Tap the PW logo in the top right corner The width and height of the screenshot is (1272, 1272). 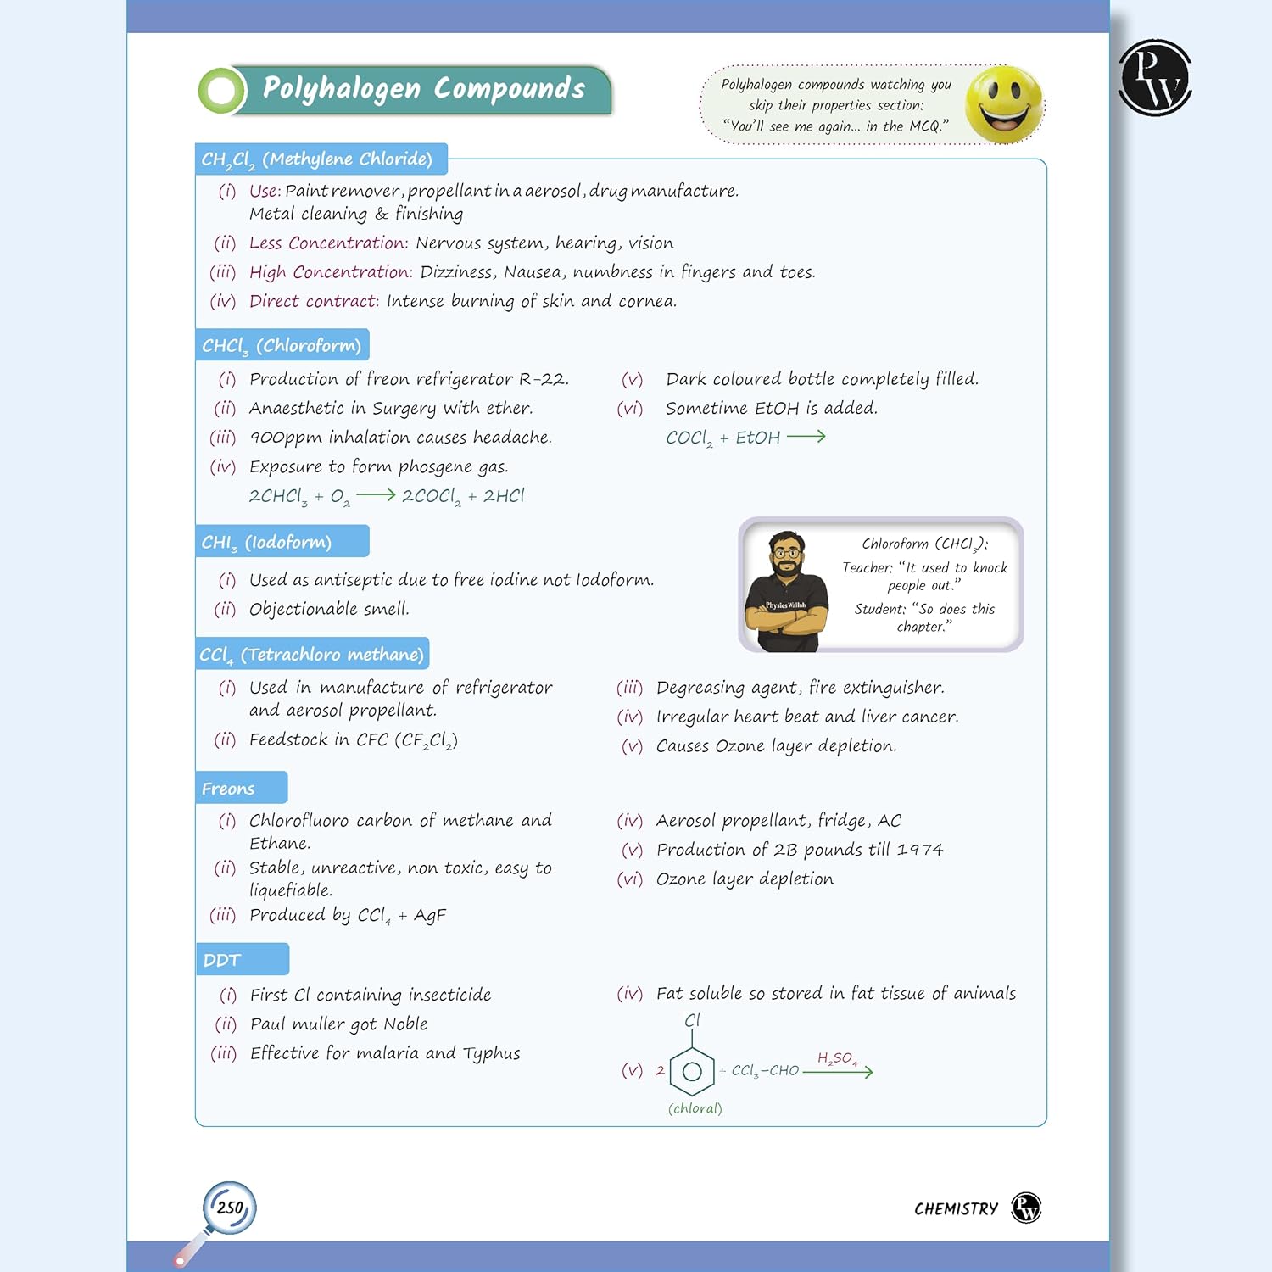click(1155, 77)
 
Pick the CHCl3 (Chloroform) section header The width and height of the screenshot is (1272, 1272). click(282, 345)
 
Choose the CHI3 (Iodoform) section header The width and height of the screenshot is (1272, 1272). click(282, 542)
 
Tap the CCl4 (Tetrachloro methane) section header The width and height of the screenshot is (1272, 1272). click(312, 654)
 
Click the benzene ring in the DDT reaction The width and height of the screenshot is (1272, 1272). click(692, 1071)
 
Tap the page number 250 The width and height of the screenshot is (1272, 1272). click(230, 1208)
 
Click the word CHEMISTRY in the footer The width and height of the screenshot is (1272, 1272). click(956, 1208)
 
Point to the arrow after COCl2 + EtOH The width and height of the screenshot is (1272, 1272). click(806, 437)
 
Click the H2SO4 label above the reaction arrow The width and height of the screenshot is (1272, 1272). click(837, 1058)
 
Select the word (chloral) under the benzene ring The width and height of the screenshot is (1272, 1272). click(695, 1108)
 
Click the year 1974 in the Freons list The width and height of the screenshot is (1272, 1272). click(920, 850)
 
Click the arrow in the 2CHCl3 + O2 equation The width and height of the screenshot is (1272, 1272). click(376, 495)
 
